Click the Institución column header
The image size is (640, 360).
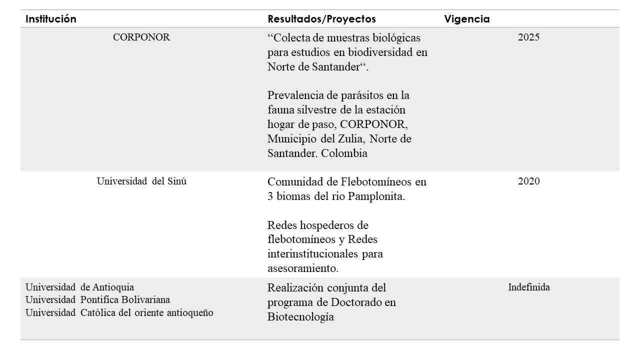(x=51, y=19)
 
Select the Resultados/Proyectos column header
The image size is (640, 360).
(x=321, y=19)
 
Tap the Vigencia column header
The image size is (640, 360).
(x=466, y=19)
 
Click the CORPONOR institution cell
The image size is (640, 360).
(x=141, y=37)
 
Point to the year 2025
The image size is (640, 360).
(x=528, y=37)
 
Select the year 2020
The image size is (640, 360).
(x=528, y=181)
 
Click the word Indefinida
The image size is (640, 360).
(x=529, y=287)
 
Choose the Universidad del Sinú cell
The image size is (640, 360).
(x=141, y=181)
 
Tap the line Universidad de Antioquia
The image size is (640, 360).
(x=79, y=287)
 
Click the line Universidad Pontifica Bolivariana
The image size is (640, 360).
(x=97, y=300)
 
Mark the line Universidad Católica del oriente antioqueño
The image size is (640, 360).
(x=119, y=313)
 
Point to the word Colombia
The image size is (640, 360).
(x=344, y=153)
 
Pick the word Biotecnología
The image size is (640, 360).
(x=300, y=317)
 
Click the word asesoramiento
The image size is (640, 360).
(x=303, y=268)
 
